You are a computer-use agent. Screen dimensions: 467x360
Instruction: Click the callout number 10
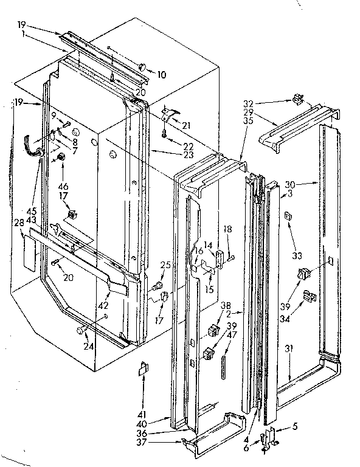tap(161, 75)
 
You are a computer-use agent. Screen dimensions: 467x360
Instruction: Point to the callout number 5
tap(294, 426)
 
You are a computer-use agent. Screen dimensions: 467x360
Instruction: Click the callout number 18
tap(227, 229)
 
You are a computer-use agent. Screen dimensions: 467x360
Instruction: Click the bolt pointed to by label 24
tap(80, 330)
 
